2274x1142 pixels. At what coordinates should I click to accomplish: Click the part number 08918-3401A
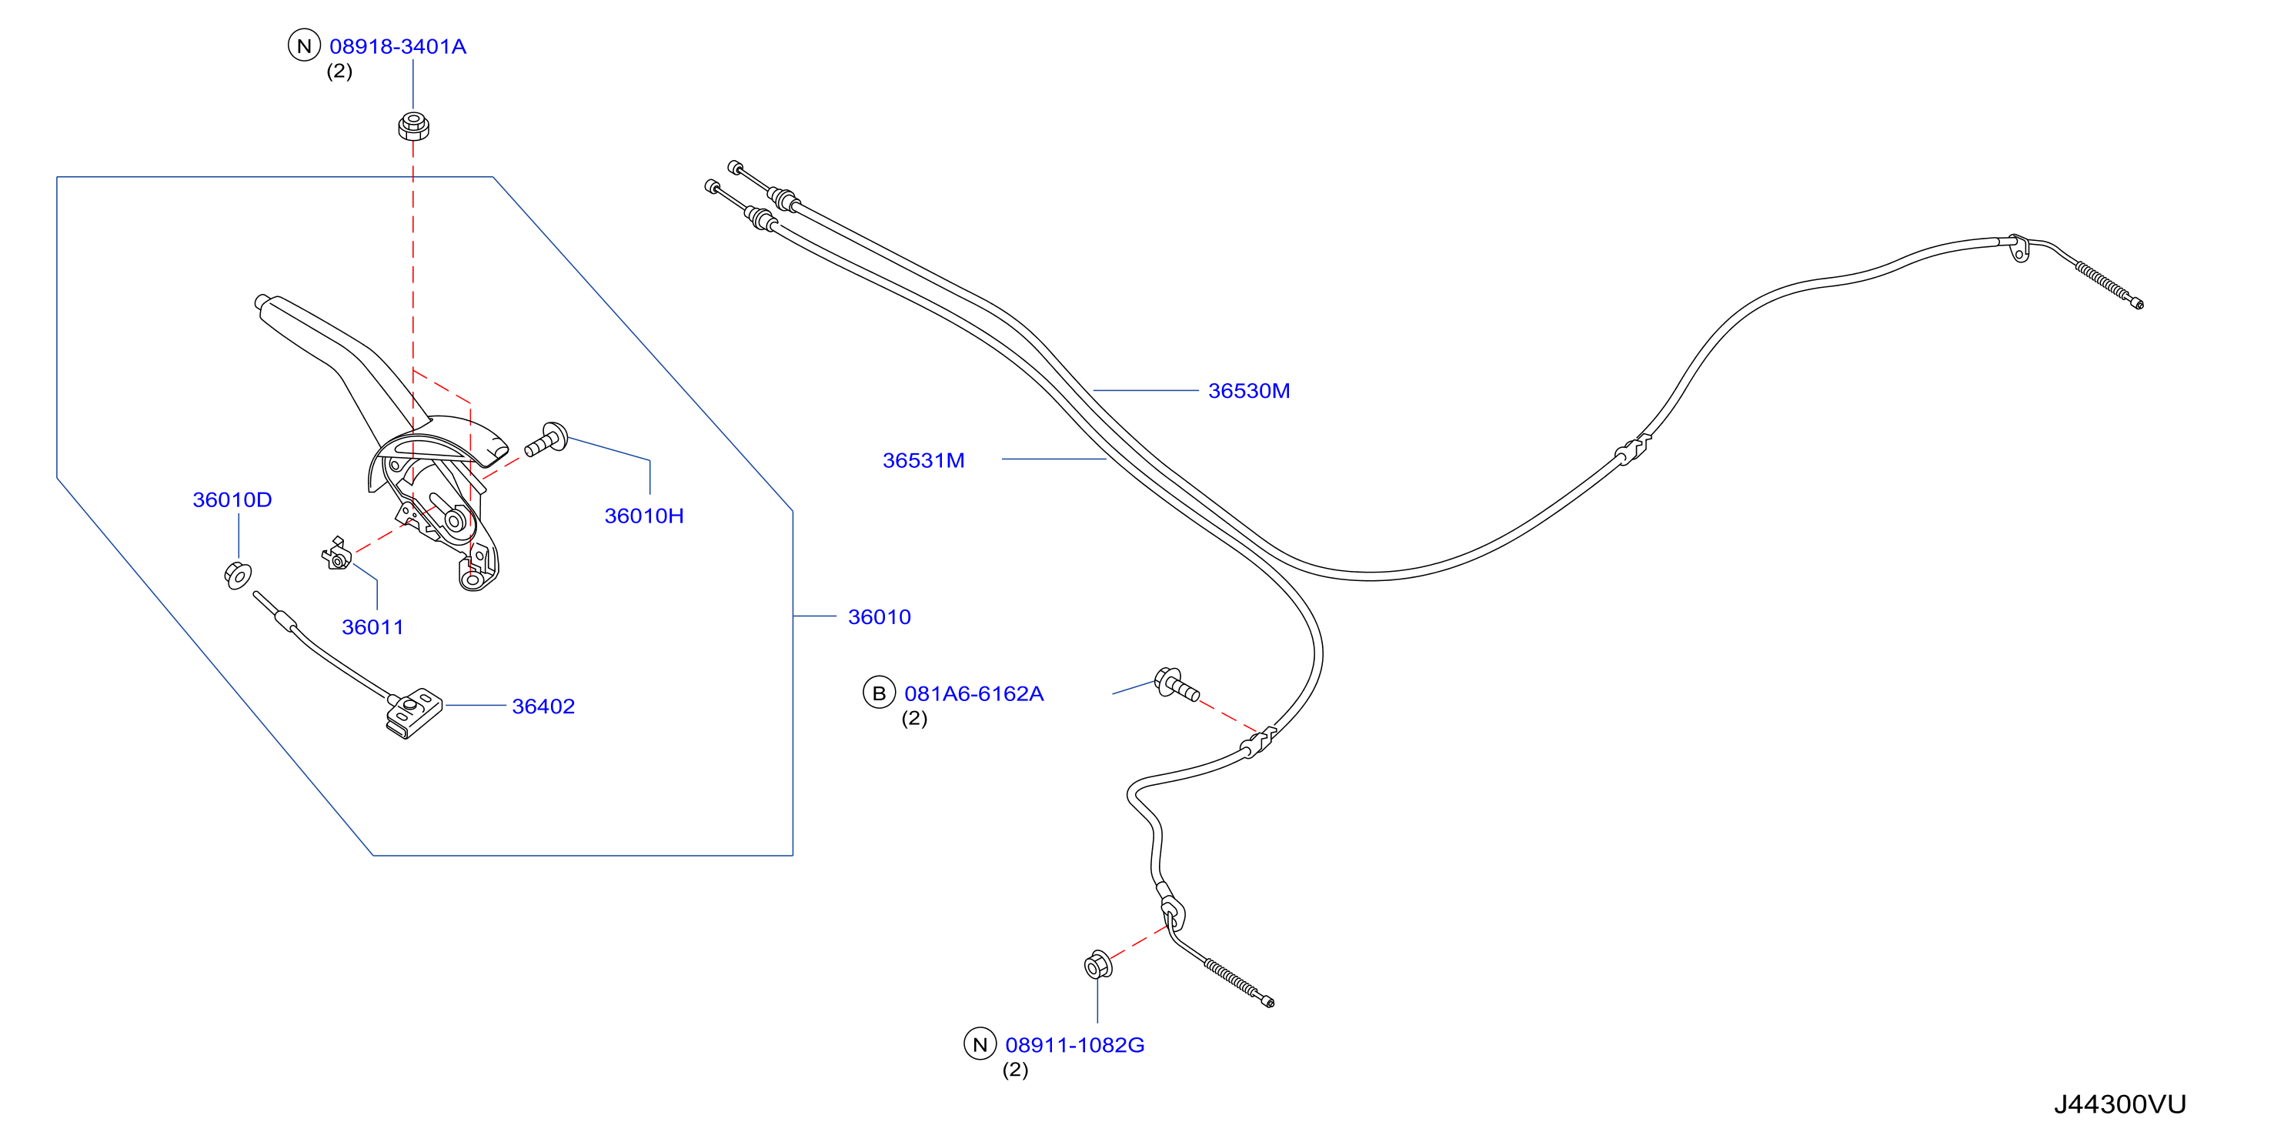click(397, 46)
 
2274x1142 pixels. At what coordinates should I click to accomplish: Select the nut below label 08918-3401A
click(413, 125)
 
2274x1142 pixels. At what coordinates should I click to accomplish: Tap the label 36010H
click(643, 516)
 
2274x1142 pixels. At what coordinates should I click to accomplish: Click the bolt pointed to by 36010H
click(547, 439)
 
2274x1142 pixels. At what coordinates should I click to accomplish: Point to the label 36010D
click(232, 499)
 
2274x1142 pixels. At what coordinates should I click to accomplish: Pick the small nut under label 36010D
click(238, 575)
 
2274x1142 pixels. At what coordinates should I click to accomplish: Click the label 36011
click(372, 626)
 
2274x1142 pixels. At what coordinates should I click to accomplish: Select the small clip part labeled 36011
click(336, 554)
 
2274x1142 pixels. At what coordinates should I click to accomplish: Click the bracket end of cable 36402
click(413, 712)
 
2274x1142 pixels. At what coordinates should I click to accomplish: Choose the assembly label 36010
click(880, 617)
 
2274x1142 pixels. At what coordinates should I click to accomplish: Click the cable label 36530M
click(1249, 390)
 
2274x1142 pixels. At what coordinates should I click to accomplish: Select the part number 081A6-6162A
click(973, 693)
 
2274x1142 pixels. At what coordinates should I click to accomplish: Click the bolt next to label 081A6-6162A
click(1177, 684)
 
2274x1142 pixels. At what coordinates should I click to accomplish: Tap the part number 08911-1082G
click(1074, 1045)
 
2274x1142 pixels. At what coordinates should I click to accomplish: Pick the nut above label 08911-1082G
click(1097, 964)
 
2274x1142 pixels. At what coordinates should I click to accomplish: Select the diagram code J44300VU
click(2119, 1104)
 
